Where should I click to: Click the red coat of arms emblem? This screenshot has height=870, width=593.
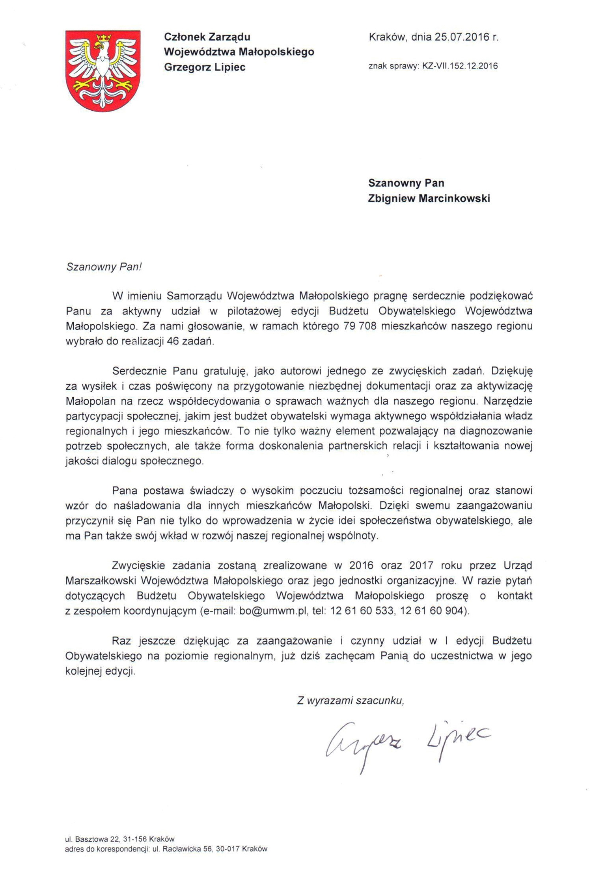tap(103, 71)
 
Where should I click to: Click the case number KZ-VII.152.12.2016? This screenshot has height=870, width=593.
tap(460, 66)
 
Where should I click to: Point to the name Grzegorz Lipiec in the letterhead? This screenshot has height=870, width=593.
tap(205, 67)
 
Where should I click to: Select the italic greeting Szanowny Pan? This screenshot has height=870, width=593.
tap(104, 267)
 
